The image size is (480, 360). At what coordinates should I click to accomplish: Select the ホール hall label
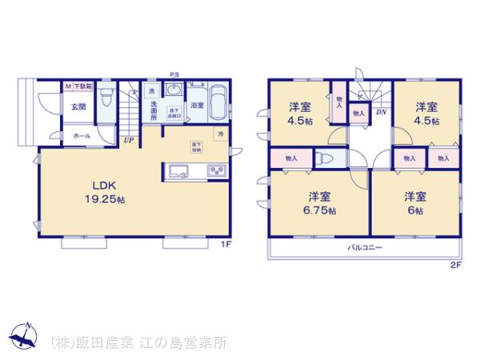82,136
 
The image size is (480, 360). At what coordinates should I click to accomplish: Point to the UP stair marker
128,142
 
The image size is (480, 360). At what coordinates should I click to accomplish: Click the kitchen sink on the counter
178,170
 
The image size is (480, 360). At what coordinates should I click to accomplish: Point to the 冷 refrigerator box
218,134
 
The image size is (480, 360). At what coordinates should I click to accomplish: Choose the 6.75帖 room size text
319,210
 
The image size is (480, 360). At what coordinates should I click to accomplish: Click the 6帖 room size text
414,210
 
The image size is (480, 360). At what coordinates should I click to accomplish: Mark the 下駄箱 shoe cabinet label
84,84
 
